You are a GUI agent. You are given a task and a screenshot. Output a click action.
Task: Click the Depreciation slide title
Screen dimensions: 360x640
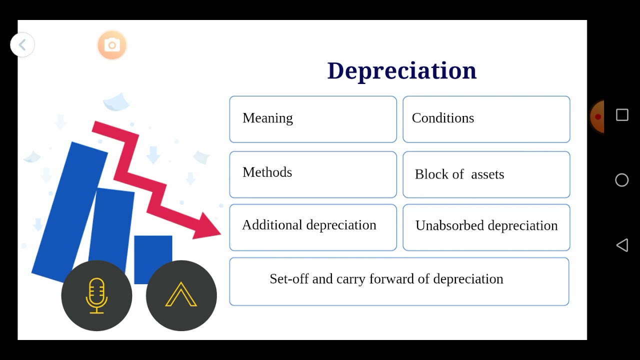[401, 70]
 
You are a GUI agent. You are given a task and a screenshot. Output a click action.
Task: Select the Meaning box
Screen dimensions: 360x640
[313, 119]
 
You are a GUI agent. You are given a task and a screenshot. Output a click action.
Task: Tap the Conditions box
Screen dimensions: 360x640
[486, 119]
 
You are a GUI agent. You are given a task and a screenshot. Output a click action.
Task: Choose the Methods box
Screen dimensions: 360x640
[313, 174]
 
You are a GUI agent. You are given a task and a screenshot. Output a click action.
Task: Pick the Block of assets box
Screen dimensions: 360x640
[486, 174]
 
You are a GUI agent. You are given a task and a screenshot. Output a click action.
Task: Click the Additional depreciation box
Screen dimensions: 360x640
[313, 227]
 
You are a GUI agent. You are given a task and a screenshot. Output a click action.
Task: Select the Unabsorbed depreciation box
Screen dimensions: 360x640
[486, 227]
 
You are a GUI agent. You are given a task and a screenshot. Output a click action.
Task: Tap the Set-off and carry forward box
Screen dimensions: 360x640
[399, 281]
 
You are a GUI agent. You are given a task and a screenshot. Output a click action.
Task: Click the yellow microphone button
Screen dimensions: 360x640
[96, 295]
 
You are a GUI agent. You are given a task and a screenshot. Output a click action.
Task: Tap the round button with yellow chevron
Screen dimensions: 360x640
[181, 295]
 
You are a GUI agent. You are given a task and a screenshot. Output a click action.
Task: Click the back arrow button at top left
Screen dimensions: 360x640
[22, 45]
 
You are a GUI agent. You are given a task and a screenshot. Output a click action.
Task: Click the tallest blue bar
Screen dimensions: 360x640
[70, 210]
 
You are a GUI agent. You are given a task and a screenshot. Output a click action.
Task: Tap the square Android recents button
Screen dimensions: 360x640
[622, 115]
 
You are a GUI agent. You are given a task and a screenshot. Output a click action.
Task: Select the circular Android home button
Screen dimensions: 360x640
[622, 180]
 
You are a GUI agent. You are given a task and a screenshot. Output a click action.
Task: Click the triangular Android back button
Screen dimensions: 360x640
[622, 245]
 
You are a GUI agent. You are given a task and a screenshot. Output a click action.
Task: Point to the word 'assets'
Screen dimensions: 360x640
[487, 174]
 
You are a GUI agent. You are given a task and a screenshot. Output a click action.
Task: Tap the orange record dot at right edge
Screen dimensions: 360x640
[597, 117]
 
